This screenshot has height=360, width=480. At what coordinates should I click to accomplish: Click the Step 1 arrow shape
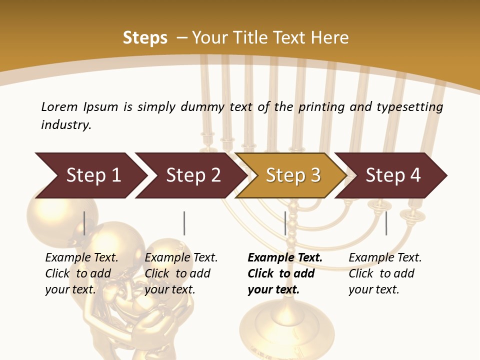point(90,175)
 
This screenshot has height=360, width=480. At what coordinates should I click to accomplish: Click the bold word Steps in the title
point(145,38)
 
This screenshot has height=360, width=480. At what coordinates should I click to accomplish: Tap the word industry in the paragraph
point(66,125)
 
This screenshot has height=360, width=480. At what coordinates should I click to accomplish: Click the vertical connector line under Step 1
point(84,223)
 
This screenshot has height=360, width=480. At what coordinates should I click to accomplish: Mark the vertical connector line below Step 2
point(184,223)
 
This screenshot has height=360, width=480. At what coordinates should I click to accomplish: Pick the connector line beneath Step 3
point(285,223)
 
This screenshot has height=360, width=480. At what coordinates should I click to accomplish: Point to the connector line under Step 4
point(386,223)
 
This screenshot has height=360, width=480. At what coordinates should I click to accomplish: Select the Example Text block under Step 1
point(81,273)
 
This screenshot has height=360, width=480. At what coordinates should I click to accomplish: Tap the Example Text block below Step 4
point(385,273)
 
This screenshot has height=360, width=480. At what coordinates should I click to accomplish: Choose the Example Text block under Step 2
point(181,273)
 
